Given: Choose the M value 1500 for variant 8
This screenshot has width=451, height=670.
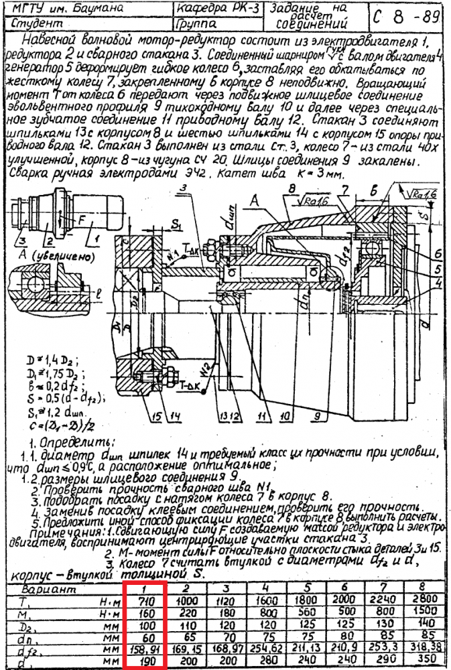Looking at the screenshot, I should coord(428,613).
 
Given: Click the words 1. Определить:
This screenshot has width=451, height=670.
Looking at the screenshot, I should coord(61,442).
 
